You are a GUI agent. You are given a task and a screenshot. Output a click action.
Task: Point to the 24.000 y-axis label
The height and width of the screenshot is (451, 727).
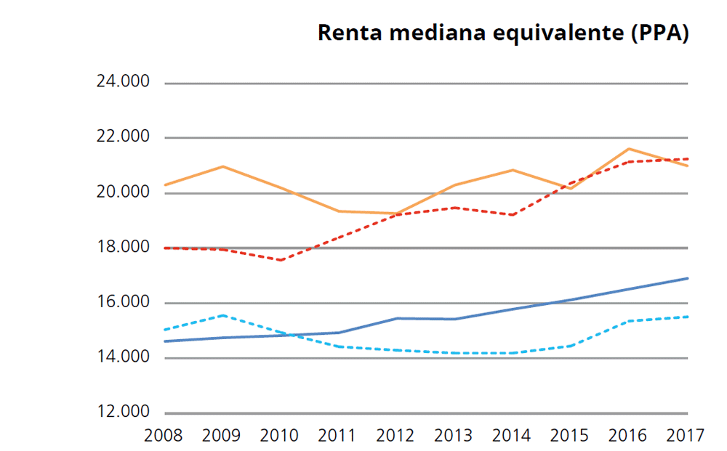click(123, 83)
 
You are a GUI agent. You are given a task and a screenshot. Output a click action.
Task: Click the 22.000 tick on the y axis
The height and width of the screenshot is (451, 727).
click(123, 137)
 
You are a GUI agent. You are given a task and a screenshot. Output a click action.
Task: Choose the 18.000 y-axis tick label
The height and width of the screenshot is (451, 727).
click(123, 248)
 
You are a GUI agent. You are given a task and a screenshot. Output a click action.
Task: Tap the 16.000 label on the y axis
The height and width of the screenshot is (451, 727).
click(123, 302)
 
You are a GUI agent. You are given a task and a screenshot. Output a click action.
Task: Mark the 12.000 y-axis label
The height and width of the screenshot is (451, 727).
click(123, 413)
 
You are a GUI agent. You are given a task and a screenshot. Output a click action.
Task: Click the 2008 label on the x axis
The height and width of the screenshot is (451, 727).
click(164, 436)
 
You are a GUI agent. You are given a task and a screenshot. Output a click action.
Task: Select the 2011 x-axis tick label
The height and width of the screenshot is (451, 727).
click(338, 436)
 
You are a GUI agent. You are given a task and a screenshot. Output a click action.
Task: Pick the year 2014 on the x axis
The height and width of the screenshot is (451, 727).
click(513, 436)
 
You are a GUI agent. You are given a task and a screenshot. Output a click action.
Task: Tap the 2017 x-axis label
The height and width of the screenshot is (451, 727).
click(686, 436)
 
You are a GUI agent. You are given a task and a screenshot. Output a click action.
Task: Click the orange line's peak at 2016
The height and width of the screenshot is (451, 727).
click(629, 149)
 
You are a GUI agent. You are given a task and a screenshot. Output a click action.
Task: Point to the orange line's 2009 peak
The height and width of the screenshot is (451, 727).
click(223, 166)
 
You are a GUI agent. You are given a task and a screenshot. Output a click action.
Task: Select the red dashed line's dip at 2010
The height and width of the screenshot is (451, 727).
click(281, 260)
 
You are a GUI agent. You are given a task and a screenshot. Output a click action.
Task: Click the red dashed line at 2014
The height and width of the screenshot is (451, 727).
click(513, 215)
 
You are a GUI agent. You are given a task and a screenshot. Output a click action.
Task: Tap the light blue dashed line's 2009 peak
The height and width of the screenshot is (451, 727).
click(223, 315)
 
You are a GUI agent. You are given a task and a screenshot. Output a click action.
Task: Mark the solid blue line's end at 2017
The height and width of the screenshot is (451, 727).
click(687, 278)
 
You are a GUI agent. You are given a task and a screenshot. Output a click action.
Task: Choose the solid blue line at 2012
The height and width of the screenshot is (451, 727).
click(397, 318)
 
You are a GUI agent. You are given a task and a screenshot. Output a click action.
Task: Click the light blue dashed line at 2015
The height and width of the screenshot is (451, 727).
click(571, 346)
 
